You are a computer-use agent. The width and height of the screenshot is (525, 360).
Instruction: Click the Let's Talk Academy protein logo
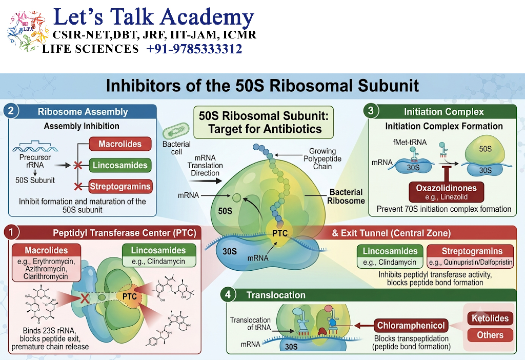point(28,31)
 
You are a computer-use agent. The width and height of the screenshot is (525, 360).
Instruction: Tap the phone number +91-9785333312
point(194,49)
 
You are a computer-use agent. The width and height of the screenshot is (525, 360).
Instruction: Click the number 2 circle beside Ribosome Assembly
point(11,111)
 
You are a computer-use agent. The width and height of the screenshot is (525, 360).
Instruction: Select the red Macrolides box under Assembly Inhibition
point(120,144)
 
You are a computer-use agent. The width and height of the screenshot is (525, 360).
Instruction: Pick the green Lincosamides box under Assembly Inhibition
point(120,165)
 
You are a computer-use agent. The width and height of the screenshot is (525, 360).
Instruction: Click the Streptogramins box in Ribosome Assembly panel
point(120,187)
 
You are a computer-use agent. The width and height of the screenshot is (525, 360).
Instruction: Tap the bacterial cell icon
point(176,131)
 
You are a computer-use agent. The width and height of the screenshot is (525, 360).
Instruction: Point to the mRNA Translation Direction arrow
point(205,181)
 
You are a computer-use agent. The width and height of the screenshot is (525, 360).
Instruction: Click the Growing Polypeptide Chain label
point(322,159)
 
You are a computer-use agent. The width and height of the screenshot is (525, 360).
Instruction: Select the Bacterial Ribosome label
point(346,196)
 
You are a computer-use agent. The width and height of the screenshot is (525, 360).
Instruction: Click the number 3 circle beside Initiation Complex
point(371,111)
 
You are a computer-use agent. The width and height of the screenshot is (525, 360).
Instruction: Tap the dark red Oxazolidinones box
point(447,192)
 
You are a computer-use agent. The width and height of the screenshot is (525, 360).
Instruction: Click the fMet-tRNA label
point(410,143)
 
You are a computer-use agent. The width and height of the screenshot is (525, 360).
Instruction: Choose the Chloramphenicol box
point(411,326)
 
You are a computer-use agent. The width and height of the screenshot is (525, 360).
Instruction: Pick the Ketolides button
point(490,318)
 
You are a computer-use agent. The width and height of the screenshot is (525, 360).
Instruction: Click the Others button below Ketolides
point(490,335)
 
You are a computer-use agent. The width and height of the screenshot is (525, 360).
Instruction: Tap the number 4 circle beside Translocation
point(228,295)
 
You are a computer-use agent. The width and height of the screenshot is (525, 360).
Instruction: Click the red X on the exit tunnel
point(85,298)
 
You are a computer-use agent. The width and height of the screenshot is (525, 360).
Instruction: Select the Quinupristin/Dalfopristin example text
point(471,262)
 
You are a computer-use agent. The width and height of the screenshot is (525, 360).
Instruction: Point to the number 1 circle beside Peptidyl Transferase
point(11,232)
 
